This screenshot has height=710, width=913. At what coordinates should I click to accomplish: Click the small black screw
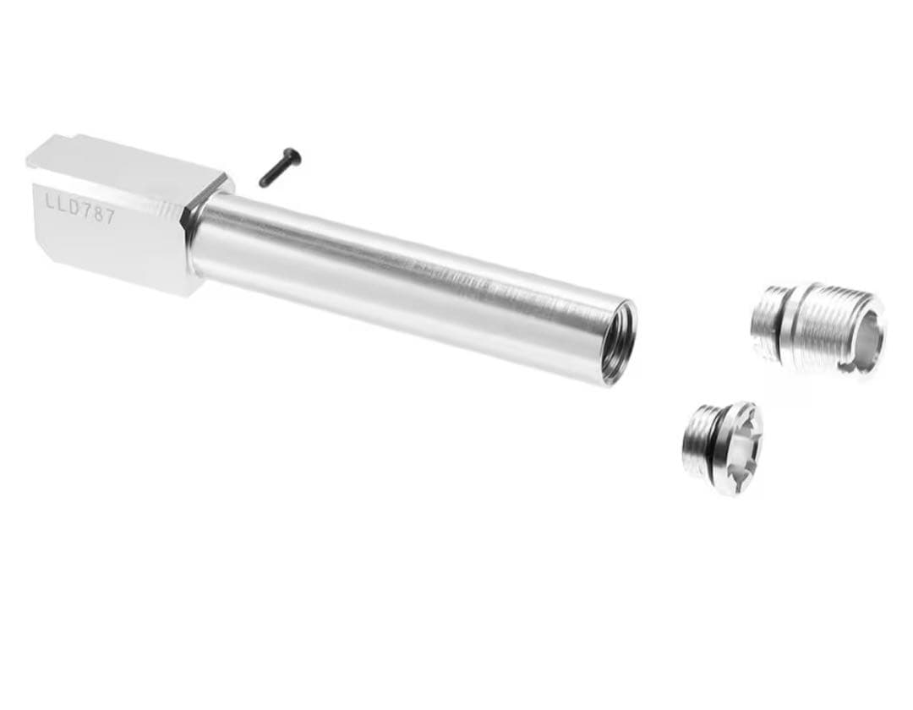280,167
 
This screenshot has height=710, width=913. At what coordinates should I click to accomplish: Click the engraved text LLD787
80,209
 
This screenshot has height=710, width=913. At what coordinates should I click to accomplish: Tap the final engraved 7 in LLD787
110,217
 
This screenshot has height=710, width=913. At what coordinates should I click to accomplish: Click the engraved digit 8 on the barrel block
98,214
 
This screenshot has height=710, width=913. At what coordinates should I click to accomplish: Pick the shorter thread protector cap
722,447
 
